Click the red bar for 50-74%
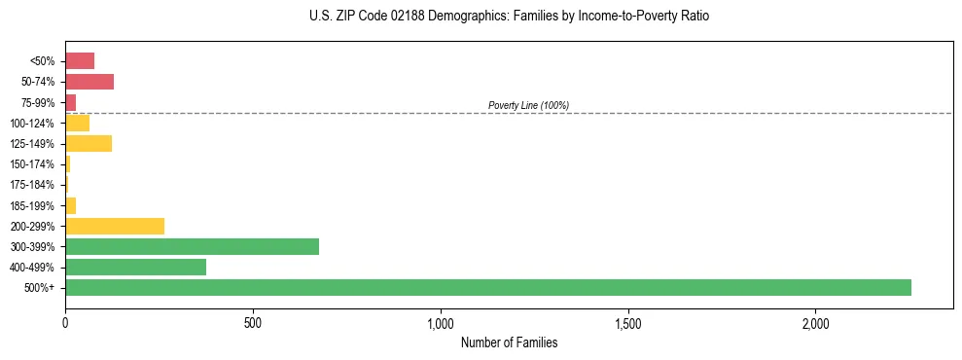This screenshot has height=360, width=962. click(89, 81)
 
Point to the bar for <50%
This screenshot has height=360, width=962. click(80, 60)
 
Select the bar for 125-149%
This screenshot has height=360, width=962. click(89, 143)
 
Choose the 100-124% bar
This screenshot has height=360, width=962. click(77, 123)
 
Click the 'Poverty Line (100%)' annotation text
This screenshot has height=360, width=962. click(528, 105)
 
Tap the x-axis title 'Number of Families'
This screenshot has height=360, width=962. click(509, 342)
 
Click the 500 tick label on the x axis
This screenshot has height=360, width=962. click(253, 322)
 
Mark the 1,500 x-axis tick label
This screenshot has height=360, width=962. click(628, 322)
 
